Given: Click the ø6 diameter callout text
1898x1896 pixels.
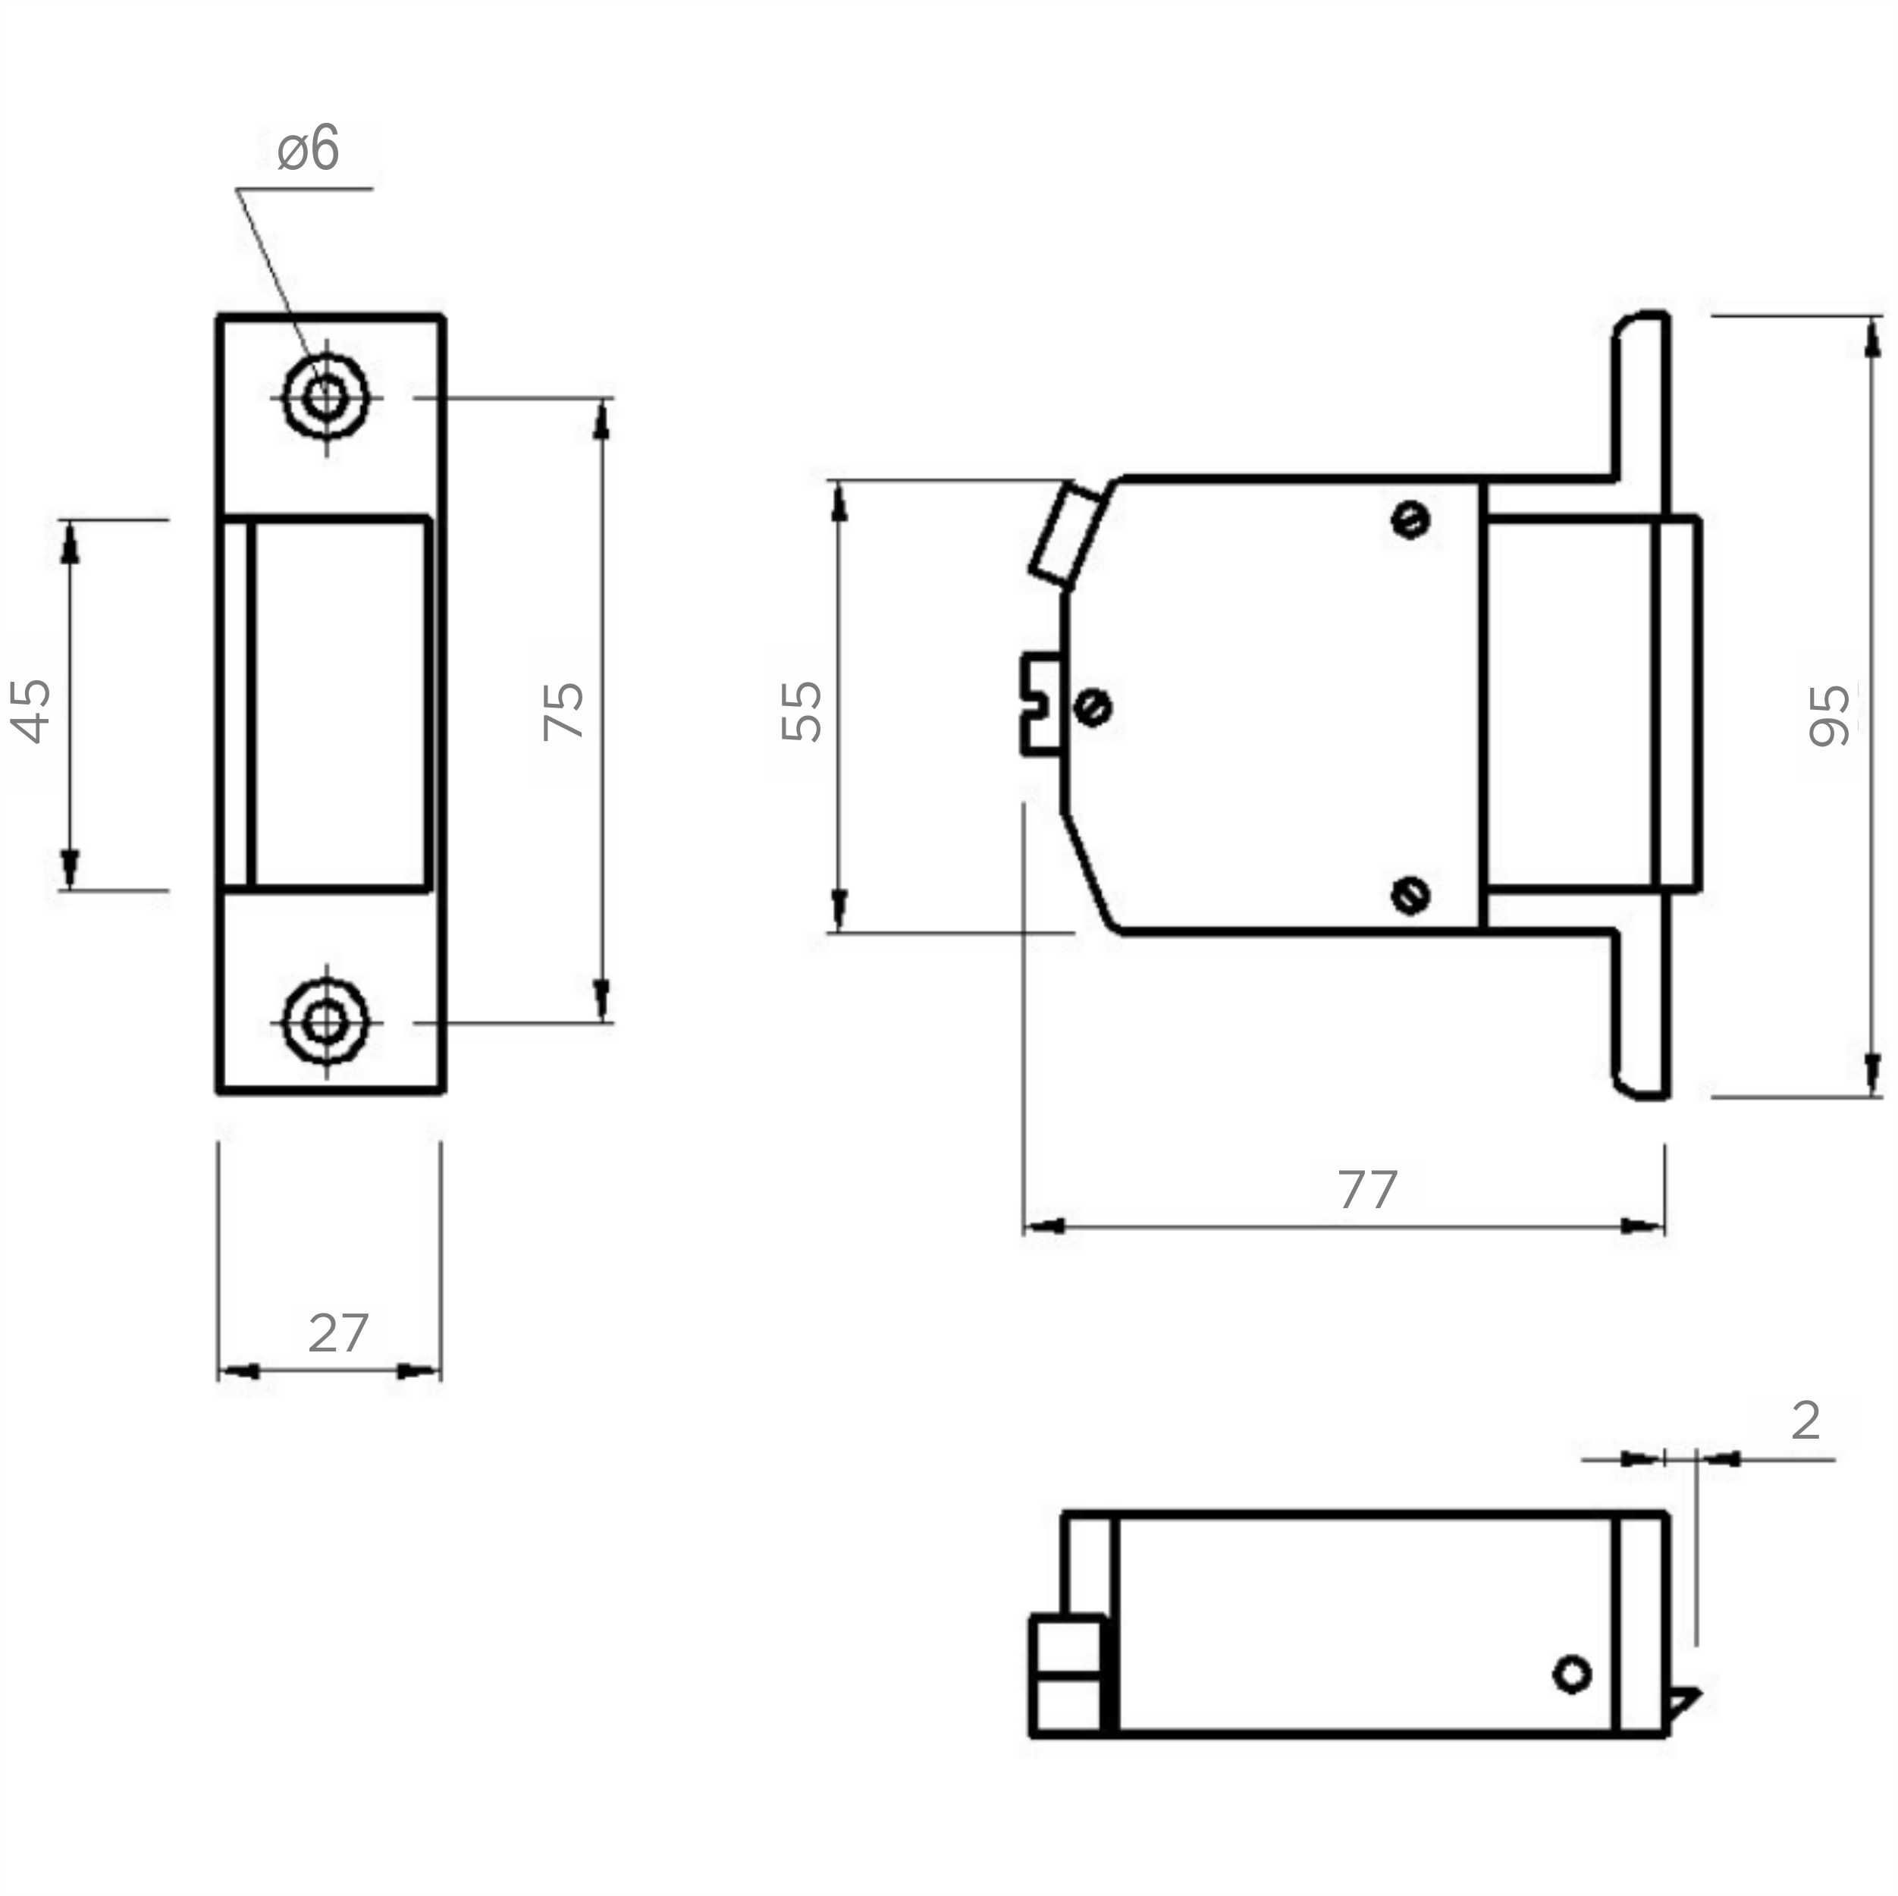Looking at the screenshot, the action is pyautogui.click(x=308, y=149).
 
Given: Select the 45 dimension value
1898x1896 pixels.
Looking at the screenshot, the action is pyautogui.click(x=31, y=711).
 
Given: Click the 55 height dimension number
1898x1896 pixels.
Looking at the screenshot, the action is pyautogui.click(x=802, y=711).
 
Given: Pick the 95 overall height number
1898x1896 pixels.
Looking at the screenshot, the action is pyautogui.click(x=1829, y=715).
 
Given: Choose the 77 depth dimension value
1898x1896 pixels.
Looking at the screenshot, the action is pyautogui.click(x=1367, y=1190).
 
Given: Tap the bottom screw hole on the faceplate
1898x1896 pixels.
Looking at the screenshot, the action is pyautogui.click(x=325, y=1022).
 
